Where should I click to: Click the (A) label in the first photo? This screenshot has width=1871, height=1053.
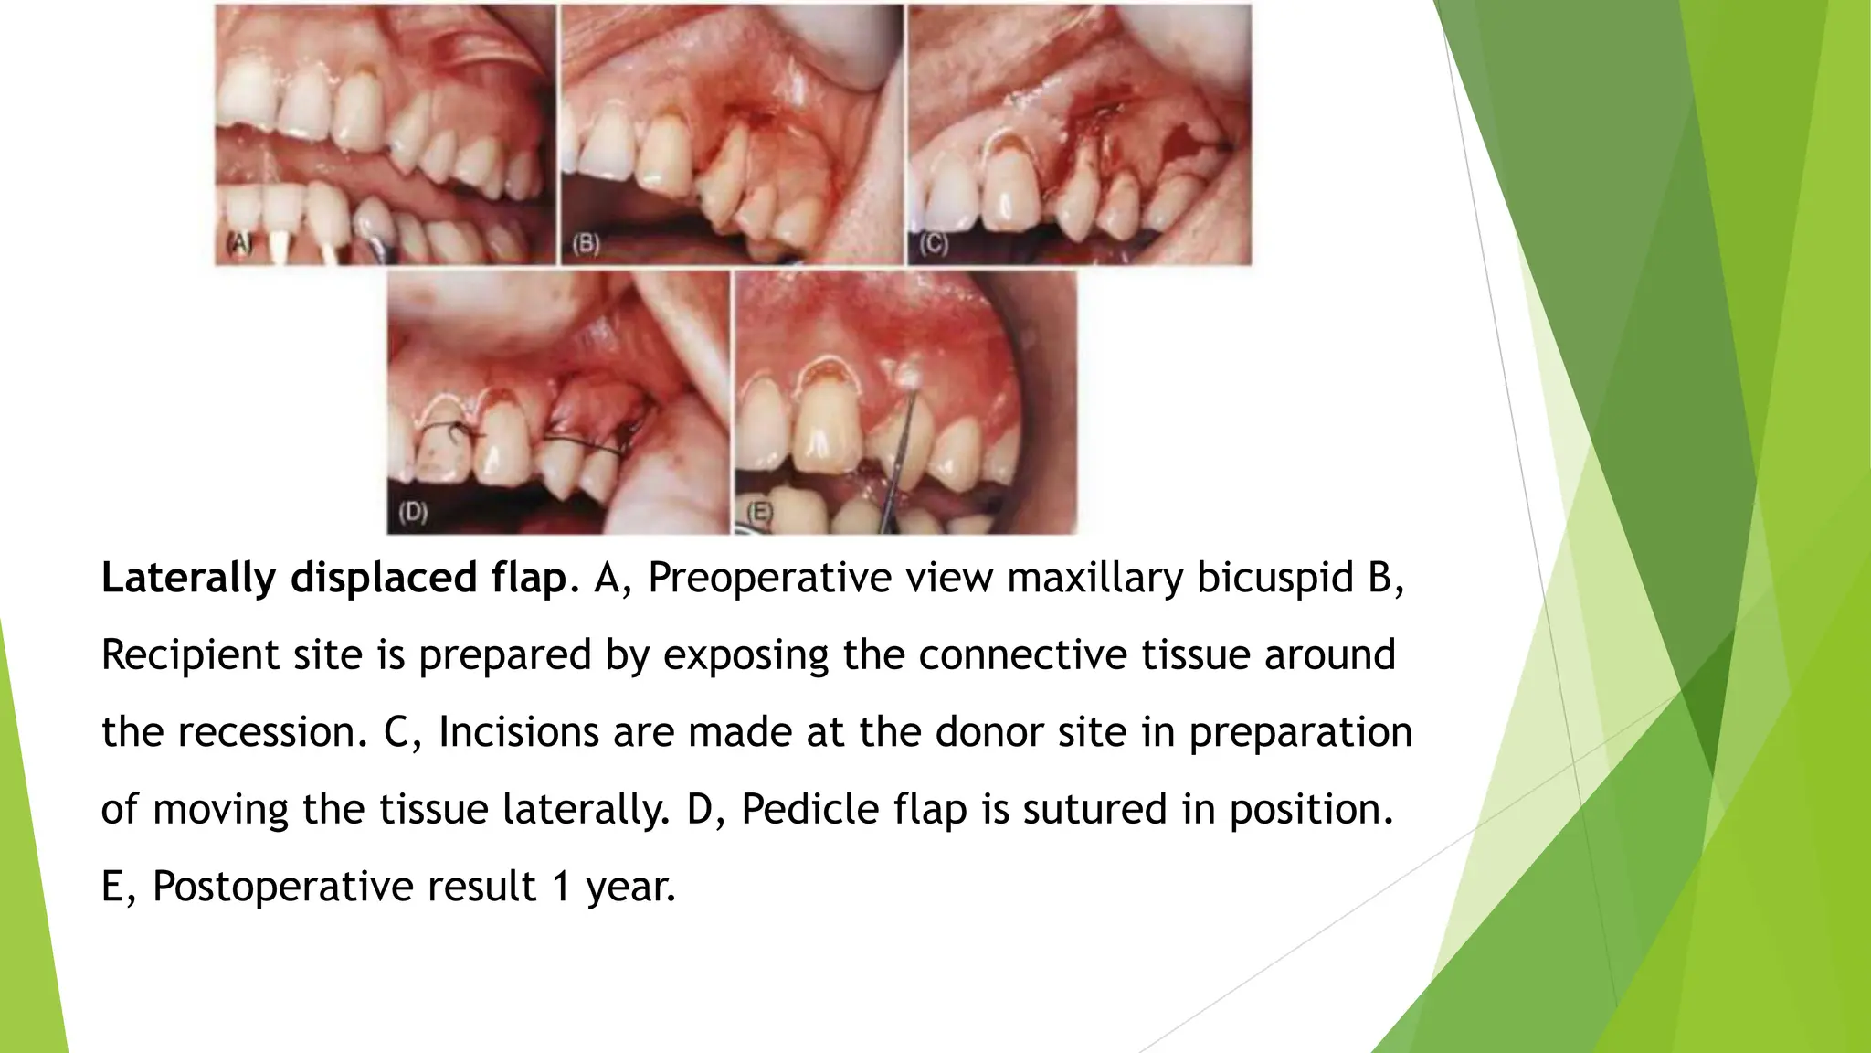(x=239, y=244)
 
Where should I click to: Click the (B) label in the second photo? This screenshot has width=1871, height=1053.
(x=586, y=244)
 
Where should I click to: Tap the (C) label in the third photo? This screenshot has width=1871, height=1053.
(x=933, y=244)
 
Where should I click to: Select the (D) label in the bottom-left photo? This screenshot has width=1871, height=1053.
(x=413, y=512)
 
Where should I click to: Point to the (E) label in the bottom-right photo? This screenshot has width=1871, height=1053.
(x=760, y=512)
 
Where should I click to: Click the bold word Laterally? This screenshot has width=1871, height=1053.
(x=188, y=579)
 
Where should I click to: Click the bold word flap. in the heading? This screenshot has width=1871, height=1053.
(x=529, y=579)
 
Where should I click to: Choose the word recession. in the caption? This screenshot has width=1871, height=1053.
(x=272, y=732)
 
